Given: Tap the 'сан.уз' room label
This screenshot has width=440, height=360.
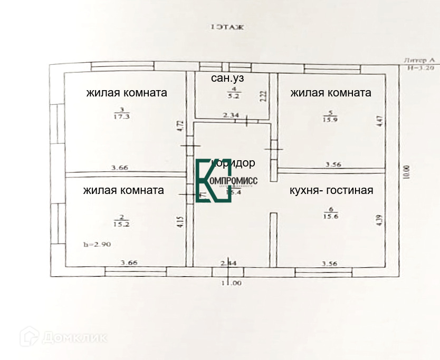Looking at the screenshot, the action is pos(227,79).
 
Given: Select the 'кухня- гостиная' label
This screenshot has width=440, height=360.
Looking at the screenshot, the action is pos(331,190).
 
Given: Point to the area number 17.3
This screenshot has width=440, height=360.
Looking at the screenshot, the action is pos(121,117).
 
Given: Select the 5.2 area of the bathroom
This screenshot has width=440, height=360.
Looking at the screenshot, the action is pos(233,96).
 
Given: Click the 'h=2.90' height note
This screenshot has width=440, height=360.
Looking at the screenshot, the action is pos(98,244).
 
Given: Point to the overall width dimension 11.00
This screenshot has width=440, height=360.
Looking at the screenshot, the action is pos(231,283).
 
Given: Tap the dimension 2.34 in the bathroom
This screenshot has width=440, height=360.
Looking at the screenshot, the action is pos(231,114).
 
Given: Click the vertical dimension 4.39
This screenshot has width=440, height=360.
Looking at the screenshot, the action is pos(378,220).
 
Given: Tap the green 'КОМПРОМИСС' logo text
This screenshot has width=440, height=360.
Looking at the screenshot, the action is pos(234,181).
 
